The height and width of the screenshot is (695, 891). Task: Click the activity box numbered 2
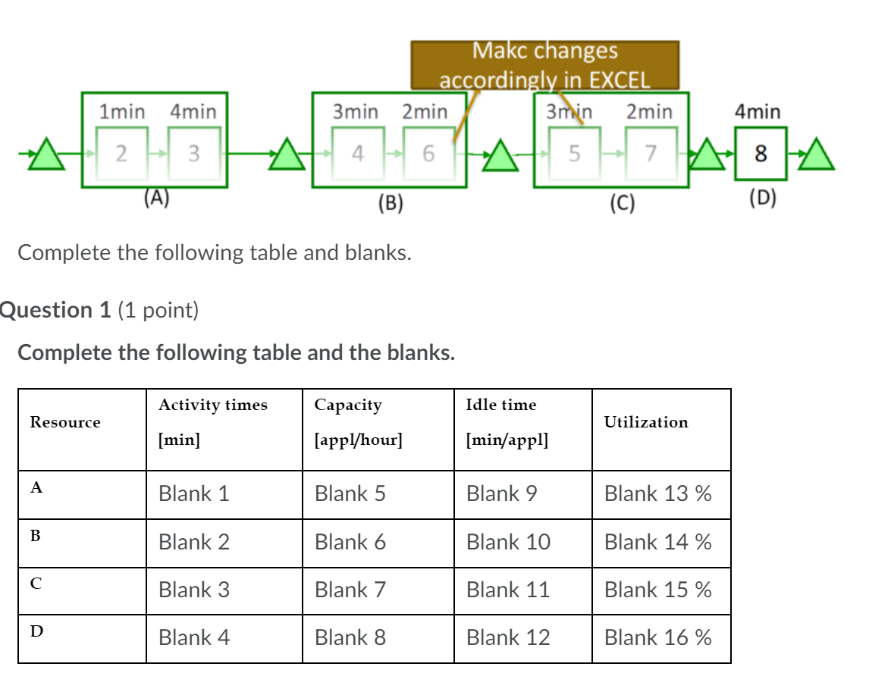tap(121, 153)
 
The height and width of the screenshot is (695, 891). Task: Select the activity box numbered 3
tap(193, 153)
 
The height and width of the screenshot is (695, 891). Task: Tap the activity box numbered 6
tap(428, 153)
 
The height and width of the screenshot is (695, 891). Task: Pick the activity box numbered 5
tap(574, 153)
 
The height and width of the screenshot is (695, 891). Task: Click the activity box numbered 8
tap(760, 154)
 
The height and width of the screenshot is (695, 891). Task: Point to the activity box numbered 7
tap(649, 153)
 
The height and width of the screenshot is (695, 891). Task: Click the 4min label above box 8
tap(757, 112)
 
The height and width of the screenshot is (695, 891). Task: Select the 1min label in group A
tap(122, 112)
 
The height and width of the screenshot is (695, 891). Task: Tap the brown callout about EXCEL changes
tap(544, 64)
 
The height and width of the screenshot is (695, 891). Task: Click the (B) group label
tap(391, 203)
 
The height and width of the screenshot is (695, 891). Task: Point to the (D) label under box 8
tap(762, 199)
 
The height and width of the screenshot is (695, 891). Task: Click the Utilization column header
tap(645, 422)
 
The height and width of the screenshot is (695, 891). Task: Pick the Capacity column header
tap(348, 405)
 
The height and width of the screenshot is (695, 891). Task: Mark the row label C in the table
tap(36, 583)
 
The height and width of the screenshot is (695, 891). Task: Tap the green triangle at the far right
tap(817, 155)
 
